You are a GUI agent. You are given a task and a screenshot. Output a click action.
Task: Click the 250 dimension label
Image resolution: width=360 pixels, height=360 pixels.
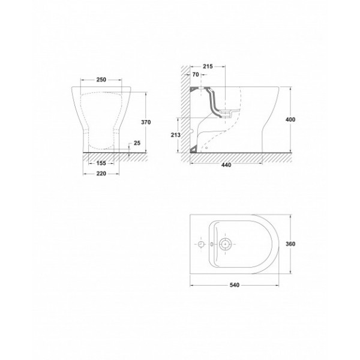pyautogui.click(x=101, y=80)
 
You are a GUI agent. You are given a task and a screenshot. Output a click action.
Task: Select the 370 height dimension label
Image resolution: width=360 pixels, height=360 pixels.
pyautogui.click(x=146, y=122)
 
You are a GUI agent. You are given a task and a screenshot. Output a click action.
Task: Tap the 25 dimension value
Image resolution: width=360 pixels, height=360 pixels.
pyautogui.click(x=137, y=143)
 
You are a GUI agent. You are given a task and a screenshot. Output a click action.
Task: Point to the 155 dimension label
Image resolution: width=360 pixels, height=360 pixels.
pyautogui.click(x=101, y=163)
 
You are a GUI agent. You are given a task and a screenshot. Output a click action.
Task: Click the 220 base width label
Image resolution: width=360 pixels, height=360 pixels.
pyautogui.click(x=101, y=173)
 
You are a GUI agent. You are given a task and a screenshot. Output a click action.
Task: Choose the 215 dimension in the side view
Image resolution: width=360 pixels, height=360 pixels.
pyautogui.click(x=208, y=67)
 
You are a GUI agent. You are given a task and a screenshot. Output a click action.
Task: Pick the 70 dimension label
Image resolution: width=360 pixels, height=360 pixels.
pyautogui.click(x=196, y=74)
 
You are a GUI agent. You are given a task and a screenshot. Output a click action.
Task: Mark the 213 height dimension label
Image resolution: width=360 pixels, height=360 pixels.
pyautogui.click(x=176, y=135)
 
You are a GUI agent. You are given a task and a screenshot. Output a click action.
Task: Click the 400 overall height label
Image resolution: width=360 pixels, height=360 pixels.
pyautogui.click(x=290, y=119)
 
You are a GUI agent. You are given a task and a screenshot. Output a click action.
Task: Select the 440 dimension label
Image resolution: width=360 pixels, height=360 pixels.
pyautogui.click(x=226, y=165)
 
